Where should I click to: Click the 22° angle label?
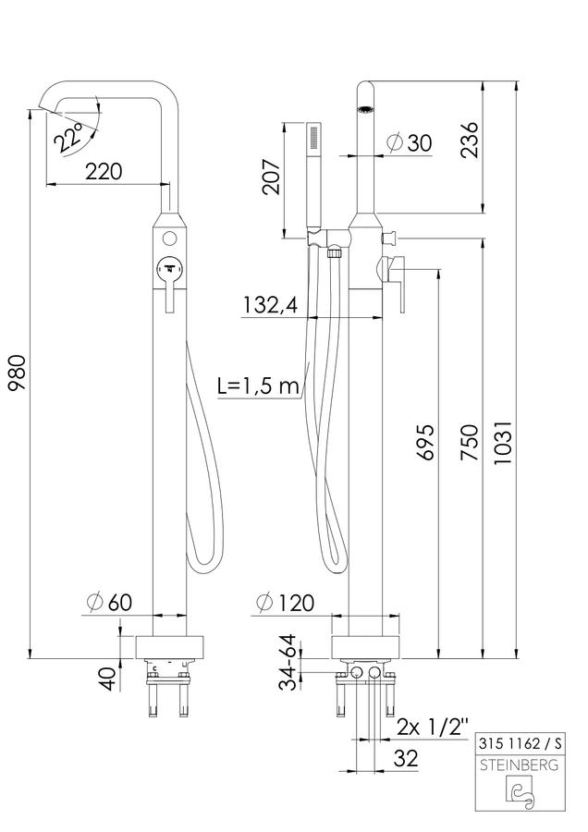point(69,137)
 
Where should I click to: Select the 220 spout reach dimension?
point(104,171)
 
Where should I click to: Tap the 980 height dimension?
point(18,373)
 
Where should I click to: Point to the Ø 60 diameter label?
point(109,602)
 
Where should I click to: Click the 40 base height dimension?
point(108,679)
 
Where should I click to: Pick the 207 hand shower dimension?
point(272,177)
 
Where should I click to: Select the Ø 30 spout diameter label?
point(410,142)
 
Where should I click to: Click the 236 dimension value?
point(469,140)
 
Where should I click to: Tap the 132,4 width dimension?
point(271,305)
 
